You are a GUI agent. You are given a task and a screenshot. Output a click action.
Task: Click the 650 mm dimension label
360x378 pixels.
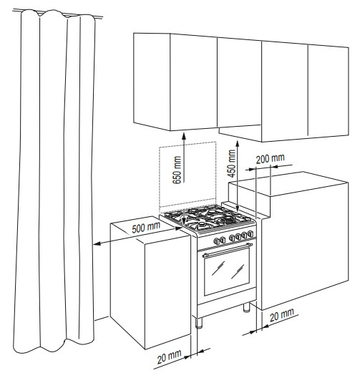(177, 170)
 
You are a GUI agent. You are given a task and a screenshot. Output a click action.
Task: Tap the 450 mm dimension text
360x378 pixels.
(232, 163)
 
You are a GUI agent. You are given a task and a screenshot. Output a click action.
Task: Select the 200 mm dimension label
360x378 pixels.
(270, 159)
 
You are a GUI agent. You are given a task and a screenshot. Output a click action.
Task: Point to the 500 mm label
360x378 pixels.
(146, 228)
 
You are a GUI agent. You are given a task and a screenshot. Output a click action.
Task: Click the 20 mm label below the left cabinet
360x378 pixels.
(169, 357)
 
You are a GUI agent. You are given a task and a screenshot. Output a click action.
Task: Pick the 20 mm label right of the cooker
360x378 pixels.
(282, 315)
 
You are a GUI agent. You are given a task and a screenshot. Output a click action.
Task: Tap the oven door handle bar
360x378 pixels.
(228, 250)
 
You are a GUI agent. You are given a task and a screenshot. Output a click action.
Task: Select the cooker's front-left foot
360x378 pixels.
(199, 323)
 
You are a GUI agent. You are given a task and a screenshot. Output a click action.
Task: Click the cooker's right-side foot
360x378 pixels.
(246, 307)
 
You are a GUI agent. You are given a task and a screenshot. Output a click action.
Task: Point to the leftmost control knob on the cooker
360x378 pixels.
(216, 241)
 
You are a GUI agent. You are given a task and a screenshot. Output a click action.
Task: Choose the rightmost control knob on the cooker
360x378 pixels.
(250, 233)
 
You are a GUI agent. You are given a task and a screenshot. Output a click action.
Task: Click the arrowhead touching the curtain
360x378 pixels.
(97, 244)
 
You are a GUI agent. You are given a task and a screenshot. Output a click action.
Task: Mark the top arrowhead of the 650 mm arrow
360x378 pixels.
(184, 136)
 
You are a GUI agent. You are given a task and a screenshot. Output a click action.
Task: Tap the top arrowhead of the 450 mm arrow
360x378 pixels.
(238, 144)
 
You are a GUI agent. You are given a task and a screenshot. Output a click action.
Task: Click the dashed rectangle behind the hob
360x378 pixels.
(188, 174)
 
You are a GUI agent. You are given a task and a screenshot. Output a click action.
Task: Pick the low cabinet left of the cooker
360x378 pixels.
(150, 283)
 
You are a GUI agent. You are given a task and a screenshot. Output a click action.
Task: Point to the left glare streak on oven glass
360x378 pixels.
(218, 268)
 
